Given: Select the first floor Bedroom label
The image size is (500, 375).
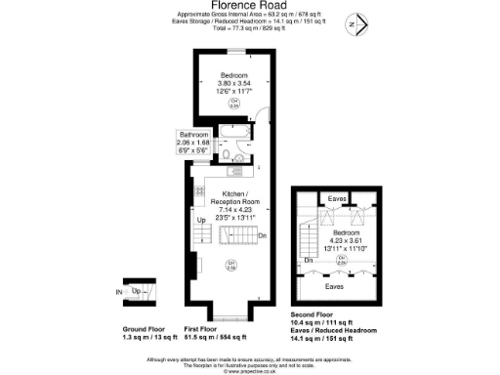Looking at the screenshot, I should tap(233, 76).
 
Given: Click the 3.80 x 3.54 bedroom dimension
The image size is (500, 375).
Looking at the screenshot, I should tap(233, 84).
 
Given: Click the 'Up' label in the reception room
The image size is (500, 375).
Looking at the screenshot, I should tap(202, 221).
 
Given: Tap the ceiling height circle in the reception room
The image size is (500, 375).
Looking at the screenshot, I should tap(231, 265).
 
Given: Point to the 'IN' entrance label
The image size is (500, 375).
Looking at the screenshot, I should tap(119, 291).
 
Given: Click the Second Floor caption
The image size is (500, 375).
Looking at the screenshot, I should tap(319, 315).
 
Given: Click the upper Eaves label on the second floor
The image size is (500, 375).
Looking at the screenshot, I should tap(334, 198).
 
